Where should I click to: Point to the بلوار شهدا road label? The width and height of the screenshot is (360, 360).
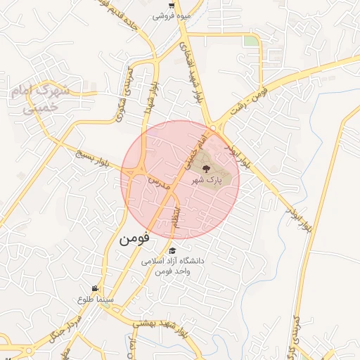click(150, 98)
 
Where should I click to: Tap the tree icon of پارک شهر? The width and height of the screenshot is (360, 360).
click(205, 168)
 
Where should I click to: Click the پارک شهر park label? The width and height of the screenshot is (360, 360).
click(205, 180)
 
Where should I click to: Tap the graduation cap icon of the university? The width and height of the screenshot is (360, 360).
click(172, 250)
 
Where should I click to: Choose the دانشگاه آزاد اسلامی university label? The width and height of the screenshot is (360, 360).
click(172, 266)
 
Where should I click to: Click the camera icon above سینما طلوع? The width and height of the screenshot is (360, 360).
click(95, 288)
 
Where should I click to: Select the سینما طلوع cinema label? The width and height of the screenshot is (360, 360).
click(94, 300)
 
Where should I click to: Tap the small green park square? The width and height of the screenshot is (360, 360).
click(251, 41)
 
